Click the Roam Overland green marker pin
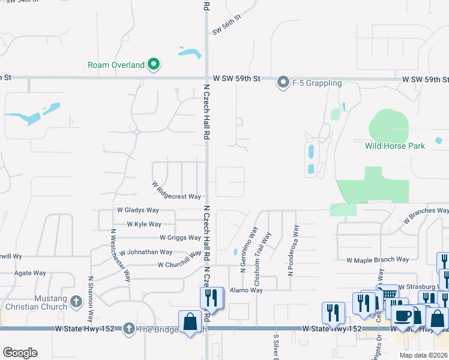point(154,64)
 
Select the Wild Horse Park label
point(394,146)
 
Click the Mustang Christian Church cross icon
point(76,301)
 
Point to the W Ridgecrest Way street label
point(176,192)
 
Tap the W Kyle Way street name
point(143,224)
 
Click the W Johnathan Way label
point(146,253)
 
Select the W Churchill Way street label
point(179,260)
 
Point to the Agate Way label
point(30,273)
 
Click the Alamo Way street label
point(246,290)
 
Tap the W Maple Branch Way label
point(378,260)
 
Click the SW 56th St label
point(226,25)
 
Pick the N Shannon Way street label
point(91,298)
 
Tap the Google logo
point(20,353)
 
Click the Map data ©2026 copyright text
point(423,355)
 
